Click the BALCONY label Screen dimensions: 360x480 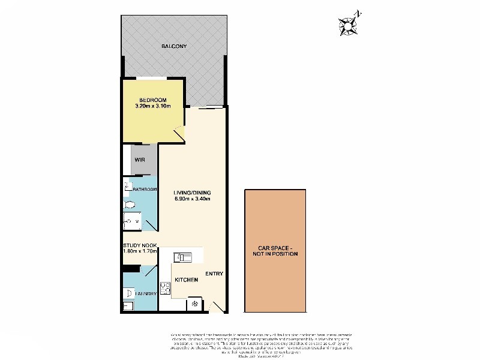point(174,46)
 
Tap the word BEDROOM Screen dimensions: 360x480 point(153,100)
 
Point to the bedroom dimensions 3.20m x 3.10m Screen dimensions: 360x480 point(153,107)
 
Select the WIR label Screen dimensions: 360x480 point(140,160)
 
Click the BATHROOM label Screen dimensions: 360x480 point(145,190)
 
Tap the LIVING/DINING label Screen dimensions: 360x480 point(193,191)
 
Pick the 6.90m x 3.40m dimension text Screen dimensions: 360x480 point(193,198)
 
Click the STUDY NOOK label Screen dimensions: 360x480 point(140,245)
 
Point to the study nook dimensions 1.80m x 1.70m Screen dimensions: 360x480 point(140,252)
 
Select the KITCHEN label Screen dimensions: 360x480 point(186,280)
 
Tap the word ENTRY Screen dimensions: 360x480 point(214,274)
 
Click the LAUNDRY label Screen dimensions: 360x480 point(145,294)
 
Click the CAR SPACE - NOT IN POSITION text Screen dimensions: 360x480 point(275,250)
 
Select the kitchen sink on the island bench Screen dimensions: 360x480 point(182,257)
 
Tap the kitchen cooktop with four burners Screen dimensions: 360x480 point(165,287)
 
